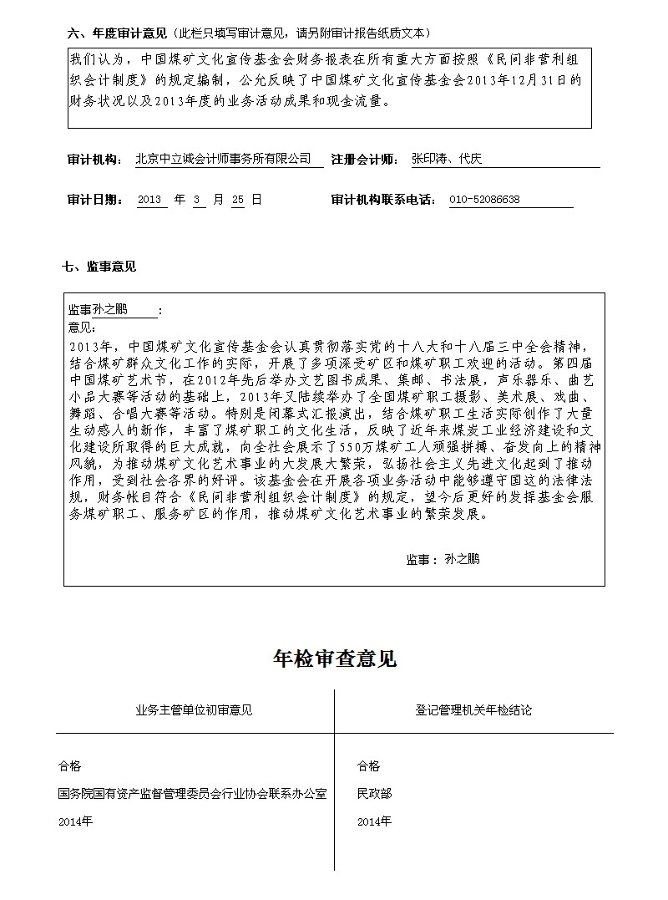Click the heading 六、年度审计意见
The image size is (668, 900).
(x=118, y=33)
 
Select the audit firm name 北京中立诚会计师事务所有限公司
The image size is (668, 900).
(x=223, y=159)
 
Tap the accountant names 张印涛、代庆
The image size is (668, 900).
(x=446, y=159)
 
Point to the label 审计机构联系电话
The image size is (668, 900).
(x=383, y=200)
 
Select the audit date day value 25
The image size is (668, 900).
(x=237, y=200)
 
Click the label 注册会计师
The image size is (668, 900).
(x=364, y=159)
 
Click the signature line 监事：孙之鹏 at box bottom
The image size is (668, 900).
(x=443, y=559)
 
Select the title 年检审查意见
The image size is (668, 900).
(x=334, y=659)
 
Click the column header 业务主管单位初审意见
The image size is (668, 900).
(x=194, y=710)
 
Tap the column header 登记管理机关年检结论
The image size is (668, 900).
(x=473, y=710)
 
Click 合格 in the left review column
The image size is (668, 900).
(x=70, y=765)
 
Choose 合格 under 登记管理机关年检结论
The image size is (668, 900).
(x=368, y=765)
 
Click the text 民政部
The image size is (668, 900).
(x=373, y=793)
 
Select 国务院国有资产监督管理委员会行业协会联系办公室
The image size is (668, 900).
(x=193, y=793)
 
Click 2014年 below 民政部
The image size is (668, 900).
(x=373, y=821)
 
